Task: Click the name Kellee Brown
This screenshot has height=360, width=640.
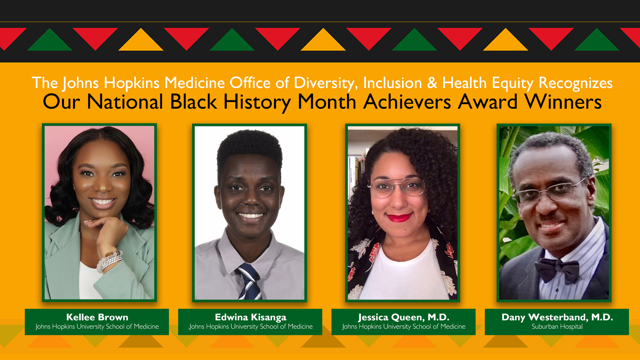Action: pos(97,317)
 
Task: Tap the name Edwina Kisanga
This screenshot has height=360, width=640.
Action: pos(250,317)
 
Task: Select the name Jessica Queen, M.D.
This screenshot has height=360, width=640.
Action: pos(404,317)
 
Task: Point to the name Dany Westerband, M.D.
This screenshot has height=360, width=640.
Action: pos(557,317)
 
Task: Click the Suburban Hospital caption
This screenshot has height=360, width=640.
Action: pos(557,327)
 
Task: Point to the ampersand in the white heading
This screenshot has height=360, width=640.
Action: pos(432,83)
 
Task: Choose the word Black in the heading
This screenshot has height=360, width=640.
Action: pos(193,102)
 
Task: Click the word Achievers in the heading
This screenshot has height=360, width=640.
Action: pos(407,102)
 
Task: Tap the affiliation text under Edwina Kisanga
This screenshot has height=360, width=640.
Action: pos(250,327)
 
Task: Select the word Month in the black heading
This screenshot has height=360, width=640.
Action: pos(327,102)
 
